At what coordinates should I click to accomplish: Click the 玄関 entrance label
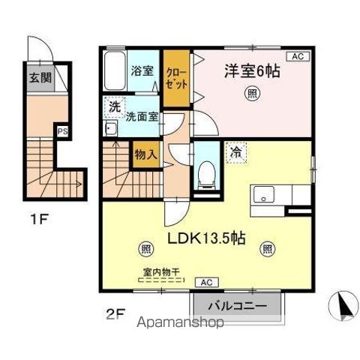coord(40,77)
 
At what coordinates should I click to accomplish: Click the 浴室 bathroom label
coord(142,72)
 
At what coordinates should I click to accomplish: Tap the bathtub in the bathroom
coord(114,73)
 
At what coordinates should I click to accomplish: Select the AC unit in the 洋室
coord(296,56)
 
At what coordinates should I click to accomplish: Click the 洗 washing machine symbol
coord(114,107)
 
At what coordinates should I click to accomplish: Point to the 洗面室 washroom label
coord(141,117)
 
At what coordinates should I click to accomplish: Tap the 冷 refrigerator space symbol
coord(235,152)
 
